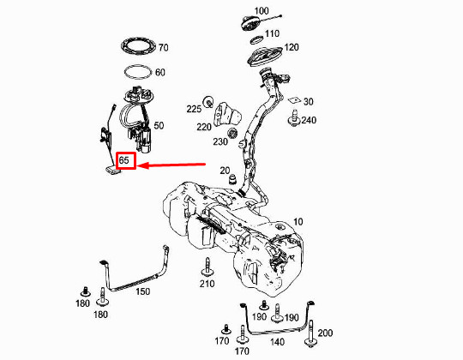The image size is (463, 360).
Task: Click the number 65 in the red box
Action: pos(125,161)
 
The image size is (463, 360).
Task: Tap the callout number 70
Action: pos(163,47)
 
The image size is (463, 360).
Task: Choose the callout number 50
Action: pos(159,125)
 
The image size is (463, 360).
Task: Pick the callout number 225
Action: pos(194,109)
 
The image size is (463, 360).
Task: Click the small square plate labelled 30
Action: pos(293,101)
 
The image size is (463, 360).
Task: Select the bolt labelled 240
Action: pos(294,122)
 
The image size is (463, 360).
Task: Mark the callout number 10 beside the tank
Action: pos(298,222)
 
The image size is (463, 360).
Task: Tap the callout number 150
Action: pos(142,292)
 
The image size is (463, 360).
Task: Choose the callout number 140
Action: pos(277,340)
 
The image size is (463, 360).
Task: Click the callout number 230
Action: pos(220,142)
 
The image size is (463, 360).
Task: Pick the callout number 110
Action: pos(272,33)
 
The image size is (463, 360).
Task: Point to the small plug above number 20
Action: pos(231,178)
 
